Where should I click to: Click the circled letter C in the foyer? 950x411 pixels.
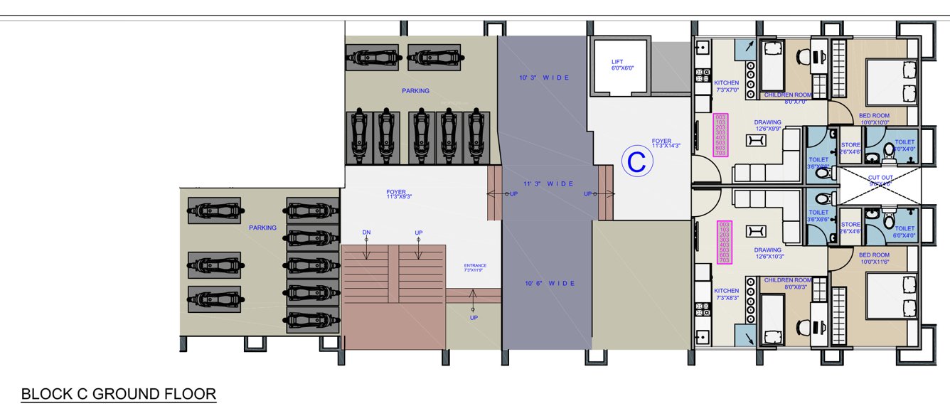pyautogui.click(x=637, y=162)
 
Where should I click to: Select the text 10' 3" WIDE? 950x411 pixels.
pyautogui.click(x=544, y=77)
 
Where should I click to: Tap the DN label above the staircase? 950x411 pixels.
pyautogui.click(x=366, y=233)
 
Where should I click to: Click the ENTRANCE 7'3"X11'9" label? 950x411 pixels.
pyautogui.click(x=474, y=267)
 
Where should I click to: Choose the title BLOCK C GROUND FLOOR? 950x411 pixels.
pyautogui.click(x=118, y=394)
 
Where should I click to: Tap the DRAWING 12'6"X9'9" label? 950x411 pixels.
pyautogui.click(x=768, y=125)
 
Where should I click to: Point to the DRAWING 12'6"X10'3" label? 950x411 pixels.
pyautogui.click(x=768, y=253)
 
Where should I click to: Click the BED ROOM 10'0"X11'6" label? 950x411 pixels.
pyautogui.click(x=874, y=257)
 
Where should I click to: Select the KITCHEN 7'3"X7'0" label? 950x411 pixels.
pyautogui.click(x=726, y=86)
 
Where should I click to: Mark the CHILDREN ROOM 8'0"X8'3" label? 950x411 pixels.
pyautogui.click(x=787, y=283)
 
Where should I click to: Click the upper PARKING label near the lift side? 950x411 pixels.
pyautogui.click(x=415, y=91)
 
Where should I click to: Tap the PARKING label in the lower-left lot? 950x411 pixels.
pyautogui.click(x=262, y=228)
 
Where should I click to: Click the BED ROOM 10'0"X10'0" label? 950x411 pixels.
pyautogui.click(x=874, y=118)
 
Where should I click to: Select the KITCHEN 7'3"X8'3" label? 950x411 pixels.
pyautogui.click(x=726, y=294)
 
